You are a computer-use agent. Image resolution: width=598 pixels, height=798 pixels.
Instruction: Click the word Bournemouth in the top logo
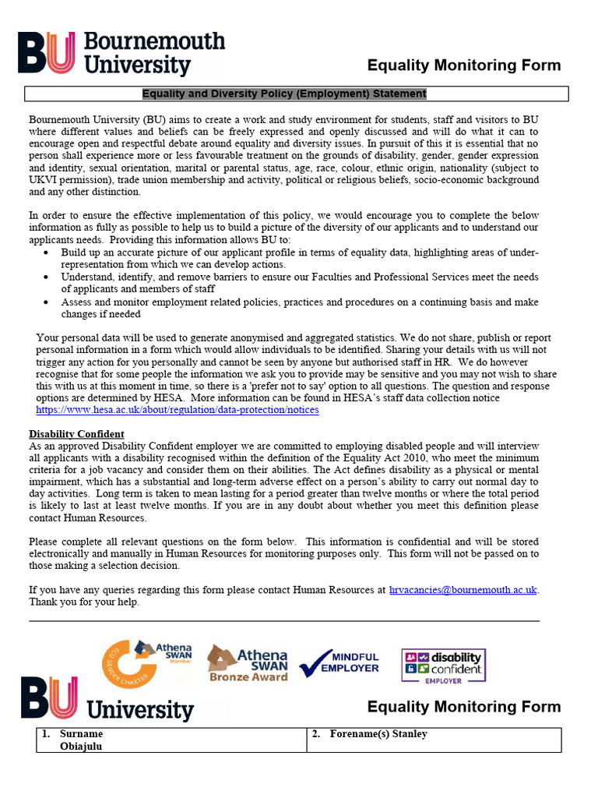[153, 41]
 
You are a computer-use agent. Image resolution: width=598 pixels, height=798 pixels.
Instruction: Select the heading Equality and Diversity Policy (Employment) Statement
[284, 94]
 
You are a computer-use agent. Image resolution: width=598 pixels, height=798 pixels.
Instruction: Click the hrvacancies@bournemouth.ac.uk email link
[463, 590]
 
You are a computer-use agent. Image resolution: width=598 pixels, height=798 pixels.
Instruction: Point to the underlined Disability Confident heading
[76, 434]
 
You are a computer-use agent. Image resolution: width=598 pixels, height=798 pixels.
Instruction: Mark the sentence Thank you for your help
[84, 602]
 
